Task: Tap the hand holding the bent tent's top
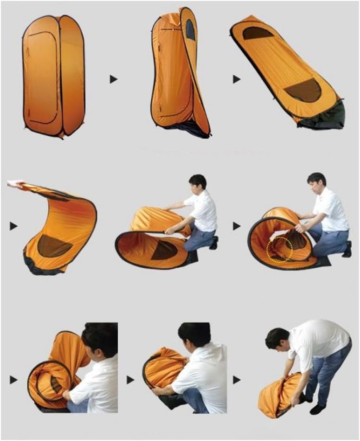pos(14,184)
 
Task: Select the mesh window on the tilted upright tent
pos(190,30)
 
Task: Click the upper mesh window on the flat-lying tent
pos(257,33)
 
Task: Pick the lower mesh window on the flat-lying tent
pos(303,90)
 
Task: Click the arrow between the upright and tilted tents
pos(113,79)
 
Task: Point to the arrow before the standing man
pos(237,380)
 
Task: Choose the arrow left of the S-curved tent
pos(13,226)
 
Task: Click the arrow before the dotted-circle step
pos(237,226)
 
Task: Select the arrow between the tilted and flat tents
pos(237,79)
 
